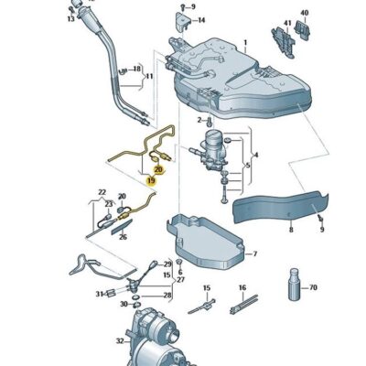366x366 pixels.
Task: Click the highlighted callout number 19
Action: (150, 179)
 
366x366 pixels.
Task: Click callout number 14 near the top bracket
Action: (201, 19)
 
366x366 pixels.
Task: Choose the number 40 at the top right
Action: (305, 13)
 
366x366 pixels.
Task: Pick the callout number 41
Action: (286, 24)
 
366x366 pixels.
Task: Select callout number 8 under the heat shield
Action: (290, 231)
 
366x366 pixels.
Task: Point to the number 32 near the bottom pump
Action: (119, 339)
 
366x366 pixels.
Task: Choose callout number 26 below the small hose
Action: (123, 235)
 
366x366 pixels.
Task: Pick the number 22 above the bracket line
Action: (102, 193)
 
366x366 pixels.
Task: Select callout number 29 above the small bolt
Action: (167, 264)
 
